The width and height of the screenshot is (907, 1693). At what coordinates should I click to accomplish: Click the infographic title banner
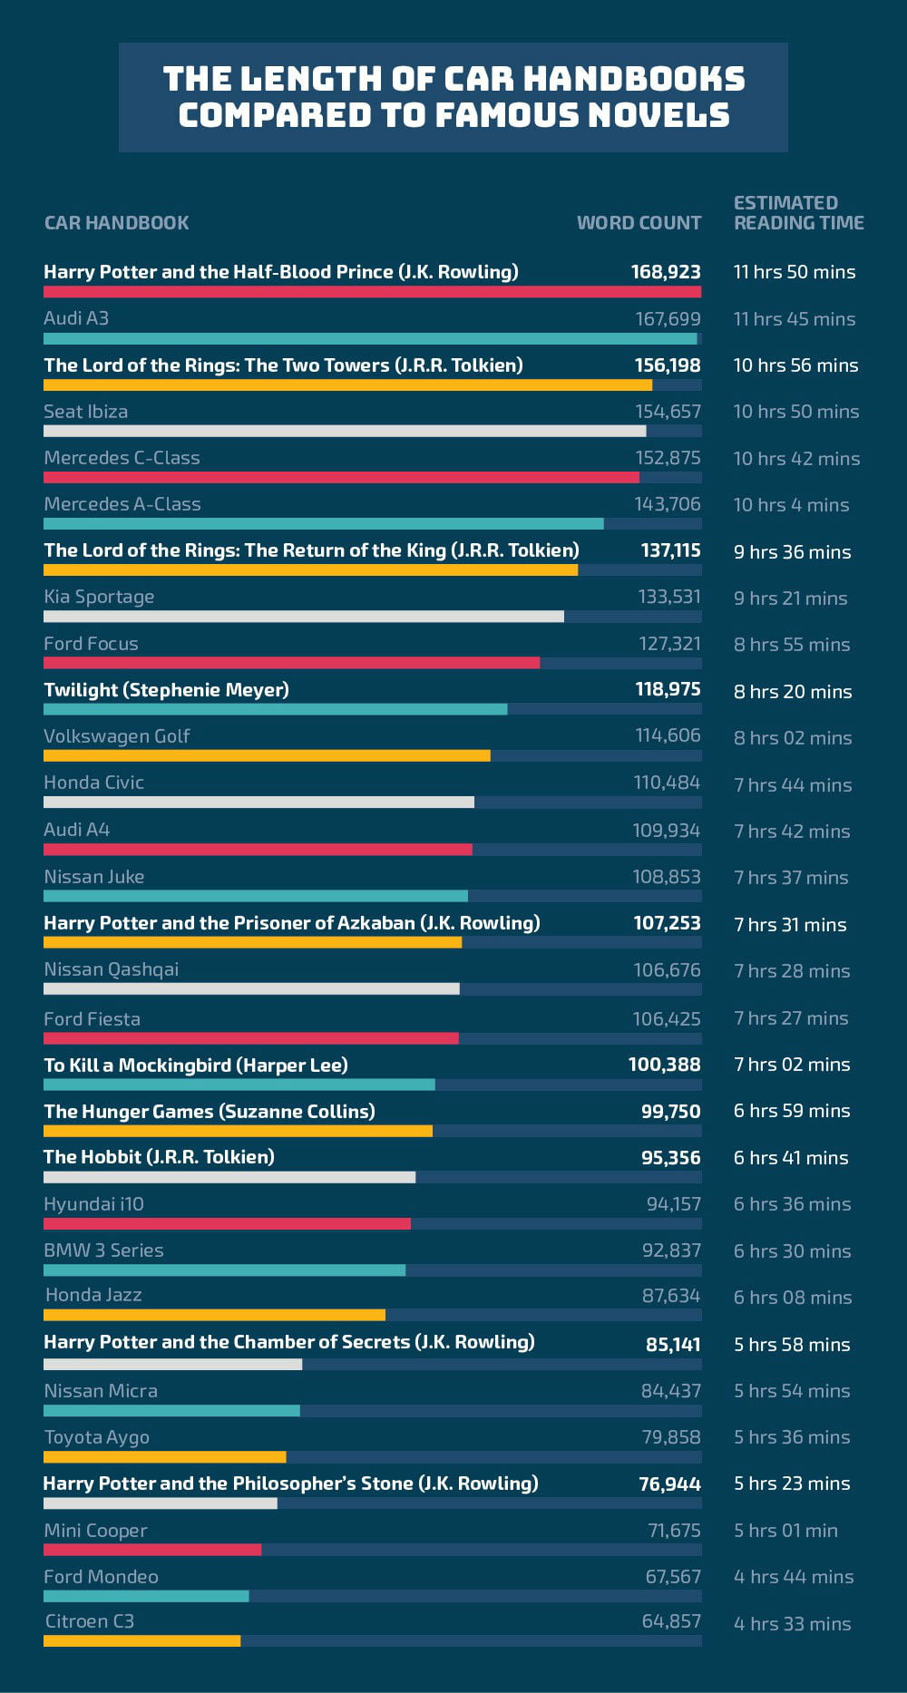pyautogui.click(x=453, y=97)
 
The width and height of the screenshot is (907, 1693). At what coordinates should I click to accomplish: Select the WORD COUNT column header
pyautogui.click(x=639, y=223)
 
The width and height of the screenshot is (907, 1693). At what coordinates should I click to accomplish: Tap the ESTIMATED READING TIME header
pyautogui.click(x=798, y=213)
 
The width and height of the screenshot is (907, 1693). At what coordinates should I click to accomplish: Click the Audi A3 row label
pyautogui.click(x=76, y=318)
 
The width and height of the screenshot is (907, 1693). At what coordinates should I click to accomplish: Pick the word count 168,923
pyautogui.click(x=666, y=272)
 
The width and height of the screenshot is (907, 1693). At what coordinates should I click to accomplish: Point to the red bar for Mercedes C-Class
pyautogui.click(x=341, y=477)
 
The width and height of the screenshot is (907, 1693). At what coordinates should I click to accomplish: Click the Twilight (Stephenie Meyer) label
pyautogui.click(x=166, y=690)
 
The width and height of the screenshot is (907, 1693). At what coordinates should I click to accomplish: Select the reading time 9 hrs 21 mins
pyautogui.click(x=790, y=598)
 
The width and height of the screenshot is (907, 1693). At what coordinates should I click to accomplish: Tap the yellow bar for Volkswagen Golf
pyautogui.click(x=267, y=755)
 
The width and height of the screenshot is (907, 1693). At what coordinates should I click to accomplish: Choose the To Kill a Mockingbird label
pyautogui.click(x=195, y=1065)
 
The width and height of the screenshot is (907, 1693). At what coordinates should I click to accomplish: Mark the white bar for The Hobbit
pyautogui.click(x=229, y=1177)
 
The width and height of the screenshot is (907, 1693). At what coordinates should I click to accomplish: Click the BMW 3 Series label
pyautogui.click(x=103, y=1250)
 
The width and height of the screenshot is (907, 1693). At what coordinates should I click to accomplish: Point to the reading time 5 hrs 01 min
pyautogui.click(x=785, y=1531)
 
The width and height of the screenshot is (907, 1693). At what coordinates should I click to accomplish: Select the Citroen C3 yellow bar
pyautogui.click(x=141, y=1640)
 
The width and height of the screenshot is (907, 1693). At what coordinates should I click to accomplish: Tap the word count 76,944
pyautogui.click(x=669, y=1484)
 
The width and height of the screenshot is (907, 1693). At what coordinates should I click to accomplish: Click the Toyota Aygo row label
pyautogui.click(x=96, y=1437)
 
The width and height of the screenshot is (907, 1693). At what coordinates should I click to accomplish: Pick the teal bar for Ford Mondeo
pyautogui.click(x=146, y=1596)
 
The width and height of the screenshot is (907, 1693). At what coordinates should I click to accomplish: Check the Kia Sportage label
pyautogui.click(x=99, y=597)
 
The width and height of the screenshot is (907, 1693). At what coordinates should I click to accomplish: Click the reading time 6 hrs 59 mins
pyautogui.click(x=792, y=1111)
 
